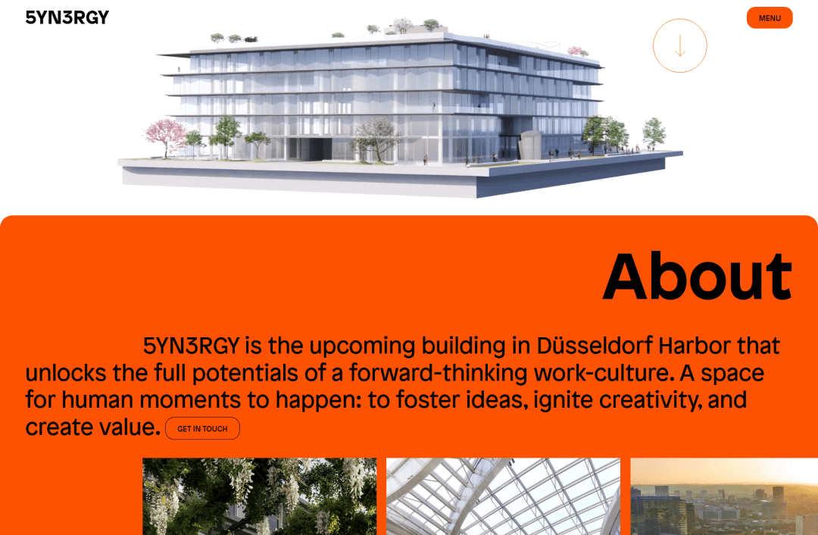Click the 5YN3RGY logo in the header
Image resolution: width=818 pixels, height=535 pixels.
click(x=67, y=17)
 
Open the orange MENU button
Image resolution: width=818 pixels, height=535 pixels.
click(x=770, y=17)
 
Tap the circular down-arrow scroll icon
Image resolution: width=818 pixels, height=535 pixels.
click(x=679, y=45)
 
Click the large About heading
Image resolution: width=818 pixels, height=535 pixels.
click(x=698, y=276)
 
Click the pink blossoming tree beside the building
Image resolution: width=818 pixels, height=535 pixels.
click(x=165, y=136)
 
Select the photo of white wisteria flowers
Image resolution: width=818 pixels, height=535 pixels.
click(x=259, y=496)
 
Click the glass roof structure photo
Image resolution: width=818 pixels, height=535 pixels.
click(x=503, y=496)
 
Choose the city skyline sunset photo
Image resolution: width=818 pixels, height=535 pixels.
click(x=724, y=496)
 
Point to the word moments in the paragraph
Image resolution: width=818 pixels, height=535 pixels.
click(x=190, y=400)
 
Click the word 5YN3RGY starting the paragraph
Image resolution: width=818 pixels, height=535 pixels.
click(x=192, y=346)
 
